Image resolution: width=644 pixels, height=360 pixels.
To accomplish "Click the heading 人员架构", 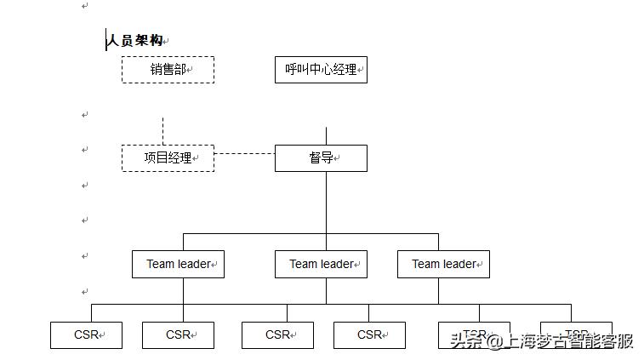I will (134, 40).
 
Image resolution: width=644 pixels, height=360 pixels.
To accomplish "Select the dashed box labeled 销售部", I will (168, 70).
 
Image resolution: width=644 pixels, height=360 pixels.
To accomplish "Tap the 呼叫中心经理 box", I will (321, 70).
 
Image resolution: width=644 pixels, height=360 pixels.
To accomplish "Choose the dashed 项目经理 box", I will (168, 158).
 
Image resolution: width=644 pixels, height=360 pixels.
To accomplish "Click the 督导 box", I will (321, 158).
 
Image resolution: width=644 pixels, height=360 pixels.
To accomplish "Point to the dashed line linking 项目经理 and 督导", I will (244, 154).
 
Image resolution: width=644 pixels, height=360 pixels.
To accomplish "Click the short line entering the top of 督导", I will (326, 136).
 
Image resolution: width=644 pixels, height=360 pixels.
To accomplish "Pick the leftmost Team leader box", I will (178, 264).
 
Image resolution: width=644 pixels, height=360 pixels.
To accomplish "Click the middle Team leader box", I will (321, 264).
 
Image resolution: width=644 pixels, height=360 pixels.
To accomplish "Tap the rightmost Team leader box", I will (443, 264).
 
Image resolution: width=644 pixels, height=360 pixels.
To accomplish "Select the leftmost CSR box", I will (86, 335).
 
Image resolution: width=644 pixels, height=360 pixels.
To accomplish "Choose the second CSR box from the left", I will (178, 335).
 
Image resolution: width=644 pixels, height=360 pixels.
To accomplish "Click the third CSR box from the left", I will (277, 335).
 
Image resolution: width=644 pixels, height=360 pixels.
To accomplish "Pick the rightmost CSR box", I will (369, 335).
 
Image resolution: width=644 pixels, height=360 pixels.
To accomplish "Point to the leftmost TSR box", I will (474, 330).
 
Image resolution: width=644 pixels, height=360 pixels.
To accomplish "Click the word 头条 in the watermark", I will (464, 341).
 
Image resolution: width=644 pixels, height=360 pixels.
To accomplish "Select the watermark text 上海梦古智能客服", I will (569, 341).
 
